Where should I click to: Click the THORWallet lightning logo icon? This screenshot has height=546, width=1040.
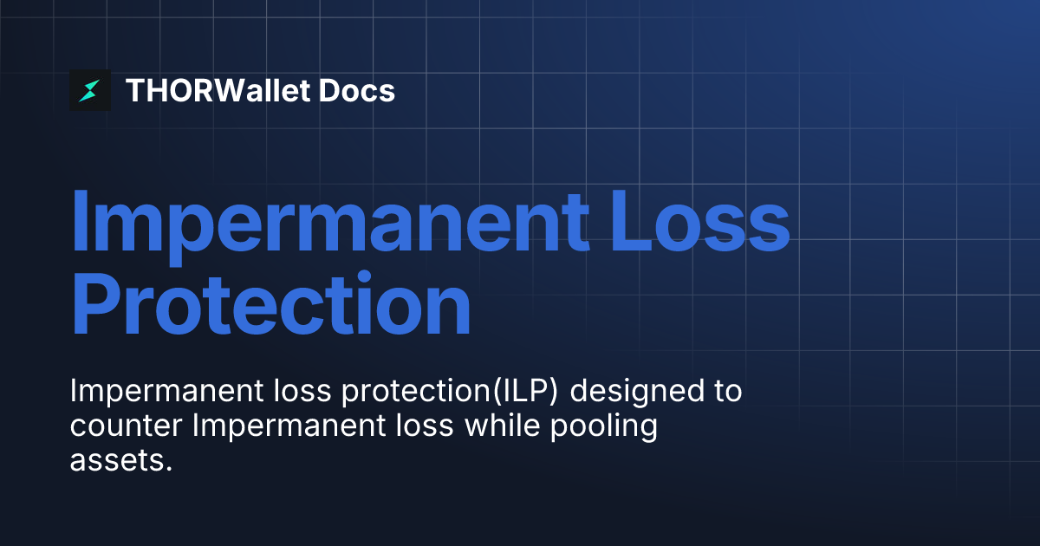(x=90, y=90)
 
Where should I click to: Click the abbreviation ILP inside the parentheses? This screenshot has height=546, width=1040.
(x=523, y=392)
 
